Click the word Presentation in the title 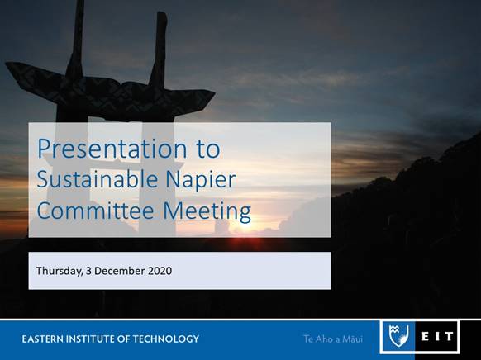click(x=112, y=149)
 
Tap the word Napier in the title click(x=201, y=181)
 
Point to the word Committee click(x=95, y=211)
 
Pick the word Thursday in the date click(x=60, y=271)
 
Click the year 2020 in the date click(x=160, y=271)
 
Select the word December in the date click(x=119, y=271)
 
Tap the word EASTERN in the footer click(x=42, y=339)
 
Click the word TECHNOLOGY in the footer click(x=166, y=339)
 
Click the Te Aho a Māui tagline click(x=333, y=339)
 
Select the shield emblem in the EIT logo click(x=398, y=336)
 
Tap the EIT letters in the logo click(x=437, y=336)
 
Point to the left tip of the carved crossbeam click(x=6, y=64)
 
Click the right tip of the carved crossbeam click(x=215, y=92)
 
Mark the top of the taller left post click(x=80, y=1)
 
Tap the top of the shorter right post click(x=162, y=12)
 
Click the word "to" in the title click(x=208, y=149)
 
